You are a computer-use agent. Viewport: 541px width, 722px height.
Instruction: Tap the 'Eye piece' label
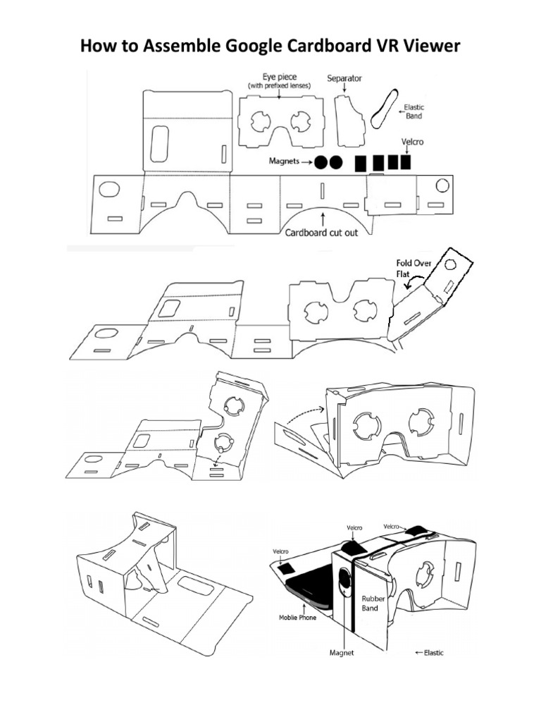point(278,77)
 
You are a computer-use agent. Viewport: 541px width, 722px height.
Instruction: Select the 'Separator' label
point(344,78)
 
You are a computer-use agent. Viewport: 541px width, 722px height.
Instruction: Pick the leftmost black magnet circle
point(321,162)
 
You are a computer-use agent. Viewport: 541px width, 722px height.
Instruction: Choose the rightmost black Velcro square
point(404,162)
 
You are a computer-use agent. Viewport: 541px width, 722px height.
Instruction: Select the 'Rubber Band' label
point(371,604)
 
